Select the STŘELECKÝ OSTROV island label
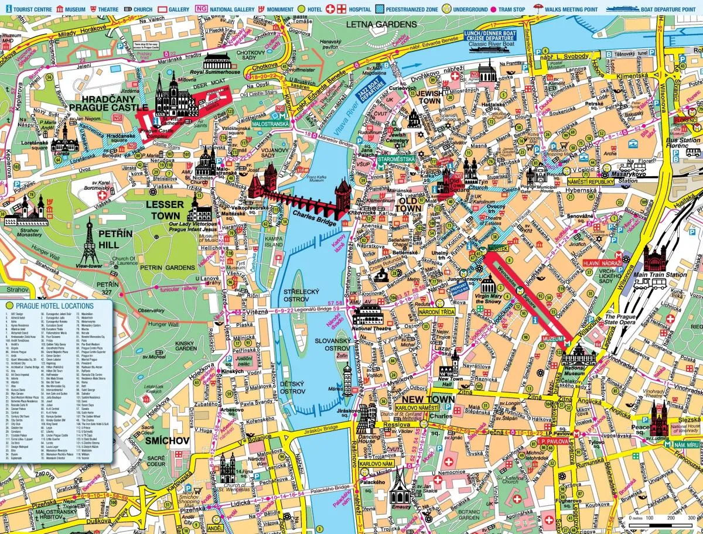[x=301, y=295]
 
